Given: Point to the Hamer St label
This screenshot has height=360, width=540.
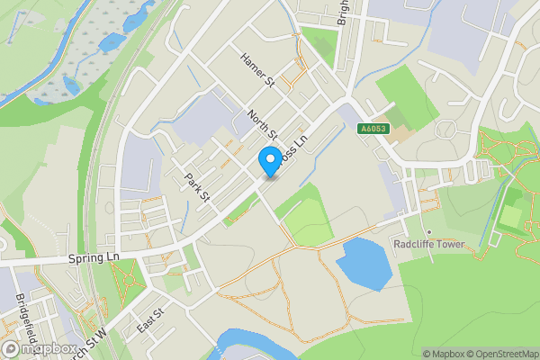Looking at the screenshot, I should point(256,70).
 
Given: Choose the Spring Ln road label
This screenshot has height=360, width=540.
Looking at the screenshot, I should point(94,257).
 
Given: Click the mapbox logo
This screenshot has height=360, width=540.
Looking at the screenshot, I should point(40,348).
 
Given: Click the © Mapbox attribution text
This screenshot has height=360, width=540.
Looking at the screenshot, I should point(443,354).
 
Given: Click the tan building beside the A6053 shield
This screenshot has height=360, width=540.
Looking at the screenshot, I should point(401,137).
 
